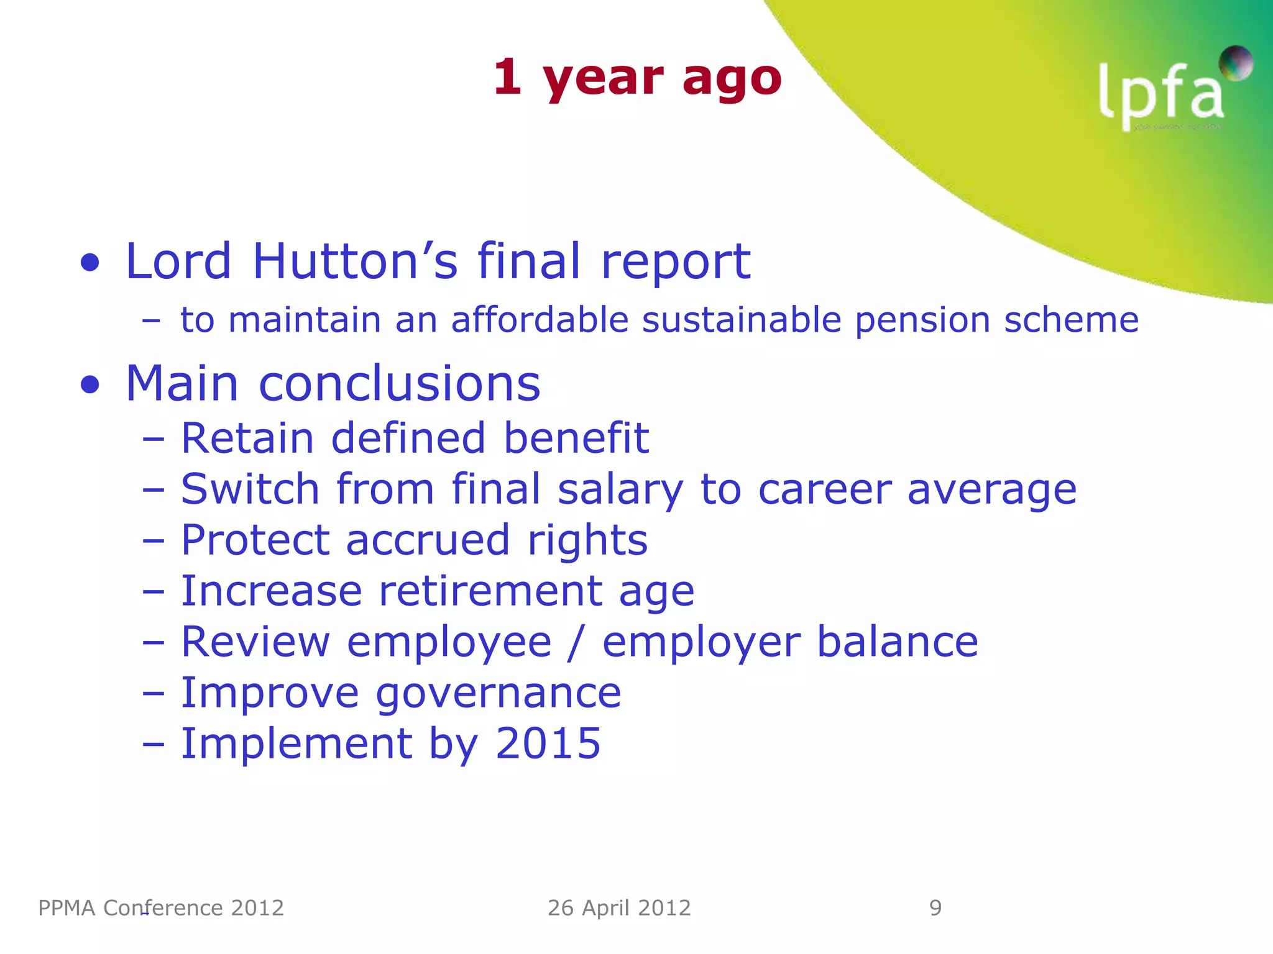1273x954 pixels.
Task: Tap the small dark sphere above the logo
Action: coord(1236,63)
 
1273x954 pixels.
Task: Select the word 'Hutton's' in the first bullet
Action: coord(355,261)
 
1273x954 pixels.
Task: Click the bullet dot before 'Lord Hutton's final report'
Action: coord(90,263)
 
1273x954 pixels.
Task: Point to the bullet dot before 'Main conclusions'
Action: coord(90,385)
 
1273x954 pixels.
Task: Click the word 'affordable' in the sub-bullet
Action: coord(540,320)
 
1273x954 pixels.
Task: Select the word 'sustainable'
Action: coord(742,320)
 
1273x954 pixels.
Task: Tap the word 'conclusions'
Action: coord(399,384)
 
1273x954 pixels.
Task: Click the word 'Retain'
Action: coord(247,438)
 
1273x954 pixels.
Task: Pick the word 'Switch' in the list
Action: coord(250,489)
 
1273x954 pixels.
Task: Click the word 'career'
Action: coord(825,490)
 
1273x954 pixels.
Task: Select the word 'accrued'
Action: coord(428,540)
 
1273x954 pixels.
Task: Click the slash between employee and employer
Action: coord(576,642)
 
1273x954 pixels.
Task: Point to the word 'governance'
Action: coord(498,693)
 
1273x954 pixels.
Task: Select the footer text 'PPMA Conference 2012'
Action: coord(161,908)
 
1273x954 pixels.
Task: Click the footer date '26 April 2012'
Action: coord(619,908)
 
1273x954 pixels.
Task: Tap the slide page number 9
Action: coord(935,908)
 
